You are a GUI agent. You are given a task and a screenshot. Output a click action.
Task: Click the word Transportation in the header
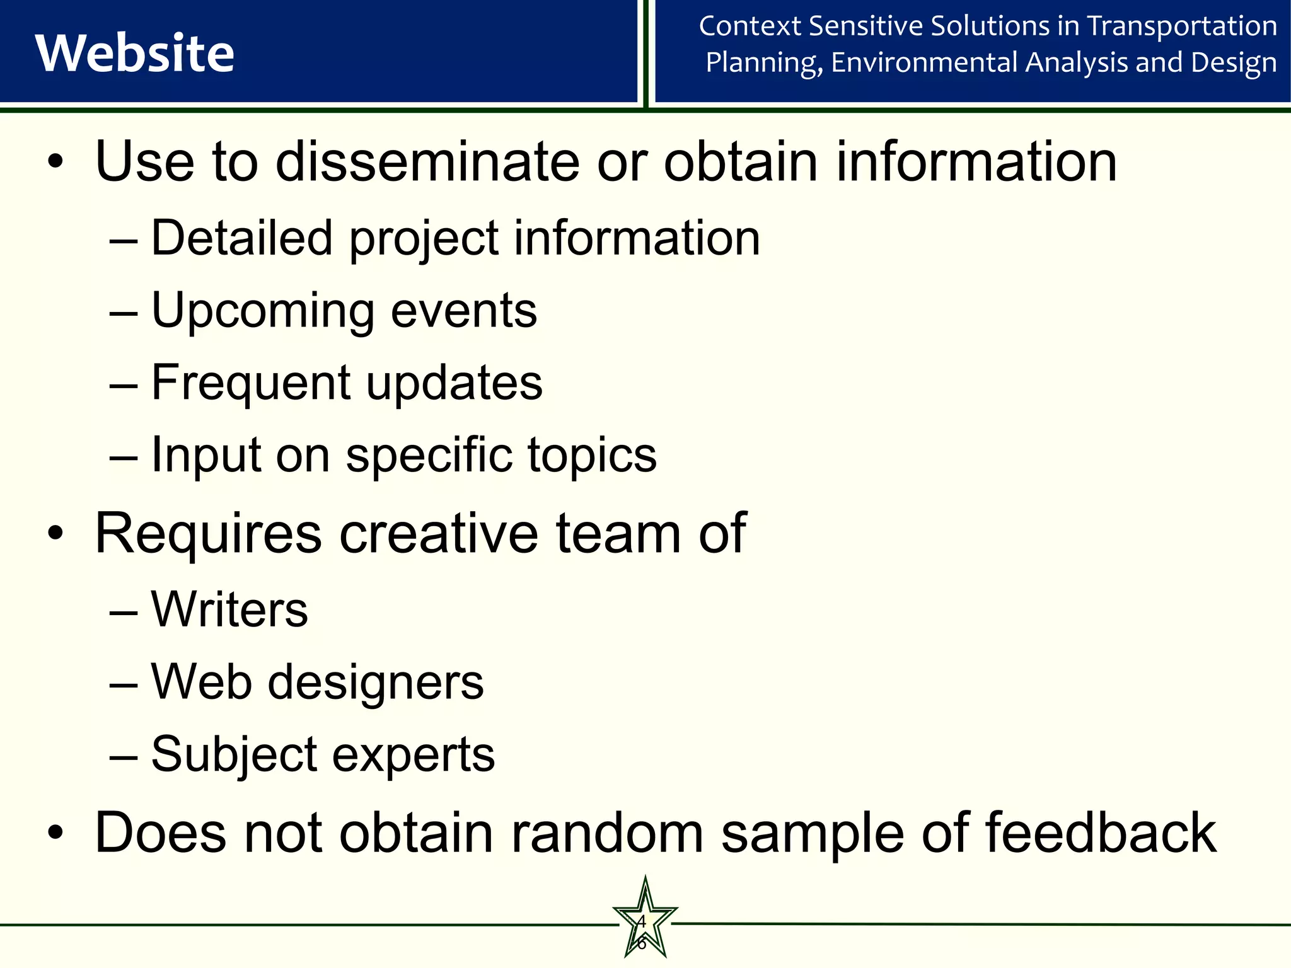pos(1182,26)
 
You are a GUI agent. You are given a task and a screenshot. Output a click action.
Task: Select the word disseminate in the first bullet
pos(427,162)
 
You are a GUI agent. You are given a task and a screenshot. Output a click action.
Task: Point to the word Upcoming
pos(263,311)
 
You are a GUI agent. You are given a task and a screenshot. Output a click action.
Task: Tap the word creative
pos(439,534)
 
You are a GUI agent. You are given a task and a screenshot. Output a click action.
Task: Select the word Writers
pos(229,609)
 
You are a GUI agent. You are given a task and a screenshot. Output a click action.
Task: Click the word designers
pos(376,683)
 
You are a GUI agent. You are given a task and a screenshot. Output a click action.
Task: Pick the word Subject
pos(234,754)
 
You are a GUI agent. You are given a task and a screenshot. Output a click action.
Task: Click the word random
pos(607,833)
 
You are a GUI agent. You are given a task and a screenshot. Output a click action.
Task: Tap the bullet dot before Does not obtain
pos(55,833)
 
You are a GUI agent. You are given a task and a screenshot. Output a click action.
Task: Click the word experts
pos(414,754)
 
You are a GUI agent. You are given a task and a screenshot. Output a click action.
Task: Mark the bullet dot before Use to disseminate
pos(55,162)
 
